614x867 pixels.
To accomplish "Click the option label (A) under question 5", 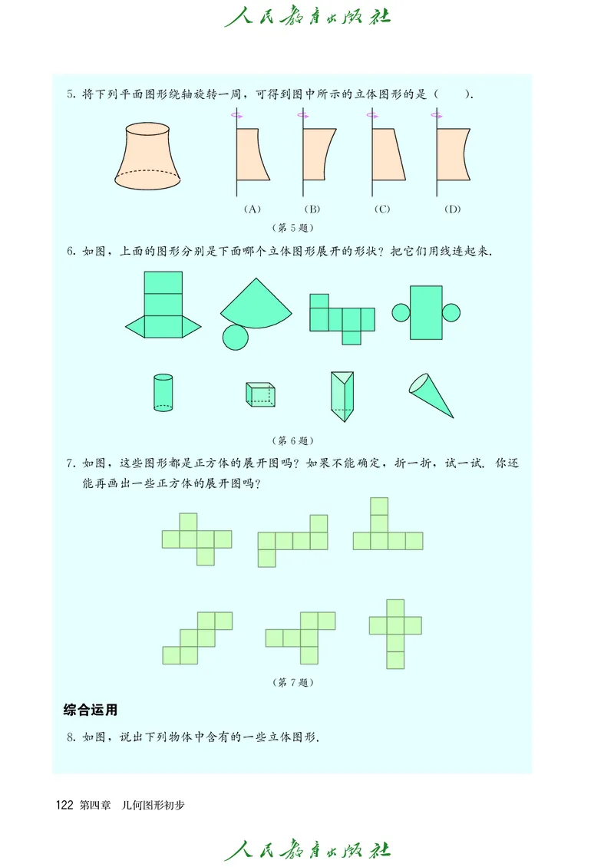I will tap(252, 209).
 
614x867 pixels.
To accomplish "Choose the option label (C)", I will tap(381, 209).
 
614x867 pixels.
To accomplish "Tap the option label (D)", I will tap(451, 209).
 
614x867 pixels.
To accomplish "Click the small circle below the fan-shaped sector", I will tap(236, 336).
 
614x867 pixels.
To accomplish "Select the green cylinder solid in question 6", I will tap(163, 393).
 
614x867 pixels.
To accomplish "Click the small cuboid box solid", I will tap(260, 394).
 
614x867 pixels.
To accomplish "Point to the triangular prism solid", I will tap(342, 396).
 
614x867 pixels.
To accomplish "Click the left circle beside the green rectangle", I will tap(401, 312).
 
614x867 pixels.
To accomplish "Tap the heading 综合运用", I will tap(90, 710).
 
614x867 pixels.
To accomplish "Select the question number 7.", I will tap(70, 463).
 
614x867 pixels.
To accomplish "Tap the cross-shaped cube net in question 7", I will tap(395, 633).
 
